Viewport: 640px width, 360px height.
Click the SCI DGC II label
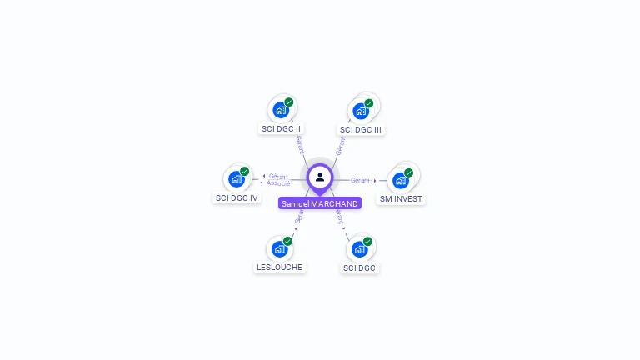click(281, 129)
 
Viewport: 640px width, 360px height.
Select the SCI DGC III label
click(361, 130)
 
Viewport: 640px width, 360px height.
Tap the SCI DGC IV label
click(237, 198)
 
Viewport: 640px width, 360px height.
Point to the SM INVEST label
click(401, 199)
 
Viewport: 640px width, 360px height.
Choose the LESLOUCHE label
click(279, 267)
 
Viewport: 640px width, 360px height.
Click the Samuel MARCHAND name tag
click(320, 203)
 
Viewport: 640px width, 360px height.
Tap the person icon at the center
click(320, 177)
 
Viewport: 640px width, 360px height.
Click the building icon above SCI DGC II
click(281, 110)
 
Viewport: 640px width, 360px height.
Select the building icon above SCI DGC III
click(361, 111)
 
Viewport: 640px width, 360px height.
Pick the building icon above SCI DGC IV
click(237, 179)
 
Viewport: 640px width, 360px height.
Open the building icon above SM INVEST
click(401, 180)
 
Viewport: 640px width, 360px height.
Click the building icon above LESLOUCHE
click(279, 248)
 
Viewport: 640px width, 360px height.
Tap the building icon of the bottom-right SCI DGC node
click(359, 248)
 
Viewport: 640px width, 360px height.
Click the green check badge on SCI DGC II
click(289, 102)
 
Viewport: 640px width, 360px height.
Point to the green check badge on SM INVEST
click(409, 172)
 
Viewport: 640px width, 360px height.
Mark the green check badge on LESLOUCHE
click(287, 241)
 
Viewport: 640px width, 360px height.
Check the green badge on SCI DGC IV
click(245, 172)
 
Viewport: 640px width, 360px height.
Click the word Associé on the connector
click(279, 183)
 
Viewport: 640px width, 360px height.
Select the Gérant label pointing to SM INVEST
click(360, 180)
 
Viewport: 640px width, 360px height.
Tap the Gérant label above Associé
click(278, 177)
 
